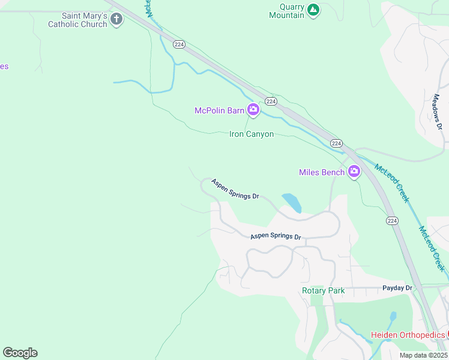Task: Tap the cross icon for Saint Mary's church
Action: pos(116,20)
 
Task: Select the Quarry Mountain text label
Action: pos(283,11)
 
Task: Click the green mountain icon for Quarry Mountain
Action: pos(313,10)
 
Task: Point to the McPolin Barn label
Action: pos(219,110)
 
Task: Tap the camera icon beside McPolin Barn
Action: pos(253,109)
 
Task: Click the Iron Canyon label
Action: pos(252,134)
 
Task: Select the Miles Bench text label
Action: pos(322,173)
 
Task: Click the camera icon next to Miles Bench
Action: pos(354,172)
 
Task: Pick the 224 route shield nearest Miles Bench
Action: pos(336,143)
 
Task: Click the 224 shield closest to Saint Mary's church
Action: pos(178,44)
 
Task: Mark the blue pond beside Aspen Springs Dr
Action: pos(291,203)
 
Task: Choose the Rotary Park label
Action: pos(323,291)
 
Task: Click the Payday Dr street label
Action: pos(397,288)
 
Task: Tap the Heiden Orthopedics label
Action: pos(408,335)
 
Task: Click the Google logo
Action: pos(20,353)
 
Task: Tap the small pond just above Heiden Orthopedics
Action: pos(393,316)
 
